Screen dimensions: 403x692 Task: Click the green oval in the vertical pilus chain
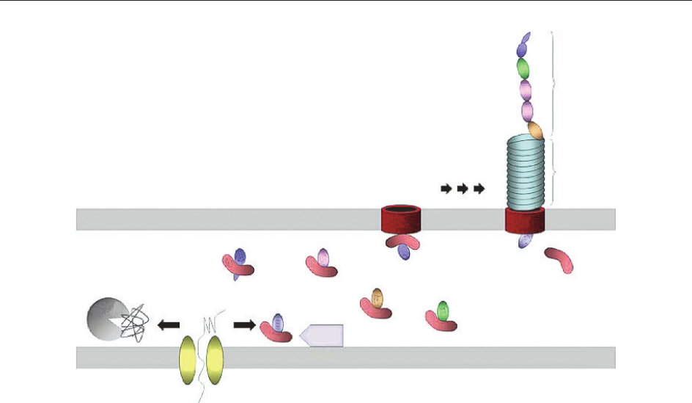coord(523,68)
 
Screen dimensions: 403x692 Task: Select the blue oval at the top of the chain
coord(523,46)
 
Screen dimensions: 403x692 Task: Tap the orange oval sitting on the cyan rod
coord(535,131)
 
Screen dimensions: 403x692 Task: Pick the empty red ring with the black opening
coord(401,219)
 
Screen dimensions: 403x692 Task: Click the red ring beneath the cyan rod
coord(523,219)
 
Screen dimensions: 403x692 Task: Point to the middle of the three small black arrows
coord(463,189)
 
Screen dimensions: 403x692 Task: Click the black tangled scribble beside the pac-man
coord(137,323)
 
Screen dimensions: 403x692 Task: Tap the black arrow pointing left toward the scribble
coord(169,323)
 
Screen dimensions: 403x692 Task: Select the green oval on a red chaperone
coord(442,310)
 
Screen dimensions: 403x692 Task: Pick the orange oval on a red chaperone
coord(378,298)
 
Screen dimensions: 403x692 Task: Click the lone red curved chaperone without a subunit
coord(559,260)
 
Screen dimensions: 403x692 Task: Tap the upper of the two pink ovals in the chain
coord(526,90)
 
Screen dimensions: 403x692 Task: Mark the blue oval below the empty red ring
coord(403,252)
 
